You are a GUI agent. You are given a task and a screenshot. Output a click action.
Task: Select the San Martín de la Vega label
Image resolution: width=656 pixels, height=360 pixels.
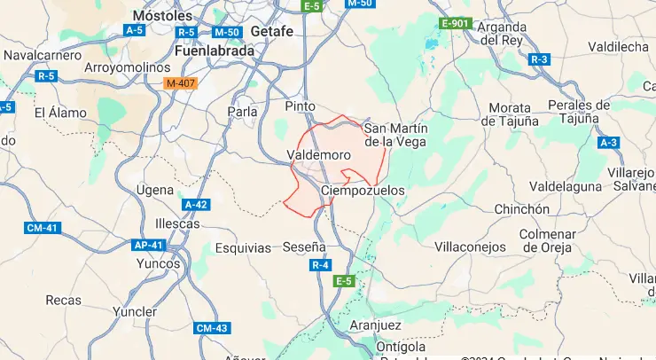[x=395, y=134]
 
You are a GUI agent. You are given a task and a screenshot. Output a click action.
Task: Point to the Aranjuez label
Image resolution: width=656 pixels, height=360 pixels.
[x=376, y=325]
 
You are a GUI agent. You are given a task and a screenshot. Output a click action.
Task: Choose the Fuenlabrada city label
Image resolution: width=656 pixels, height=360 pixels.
[x=202, y=51]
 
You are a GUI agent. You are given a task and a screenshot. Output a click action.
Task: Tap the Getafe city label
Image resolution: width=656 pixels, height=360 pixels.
[x=272, y=30]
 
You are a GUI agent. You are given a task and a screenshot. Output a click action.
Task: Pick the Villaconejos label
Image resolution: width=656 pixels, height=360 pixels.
[x=471, y=247]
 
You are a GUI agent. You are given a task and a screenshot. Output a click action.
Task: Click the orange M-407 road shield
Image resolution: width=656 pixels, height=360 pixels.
[x=180, y=83]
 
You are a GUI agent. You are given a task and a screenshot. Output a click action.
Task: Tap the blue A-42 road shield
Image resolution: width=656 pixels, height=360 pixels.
[x=196, y=204]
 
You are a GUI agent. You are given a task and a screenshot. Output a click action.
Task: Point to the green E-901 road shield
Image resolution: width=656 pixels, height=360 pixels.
[x=454, y=22]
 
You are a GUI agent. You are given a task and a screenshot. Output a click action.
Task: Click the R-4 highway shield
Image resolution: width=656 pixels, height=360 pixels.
[x=320, y=264]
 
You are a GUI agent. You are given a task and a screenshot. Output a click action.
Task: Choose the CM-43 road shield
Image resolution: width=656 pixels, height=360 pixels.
[x=212, y=328]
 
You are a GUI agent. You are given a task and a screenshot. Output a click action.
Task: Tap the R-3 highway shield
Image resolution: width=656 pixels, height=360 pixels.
[x=539, y=59]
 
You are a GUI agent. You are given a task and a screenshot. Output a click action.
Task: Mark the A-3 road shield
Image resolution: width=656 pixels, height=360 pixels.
[x=608, y=142]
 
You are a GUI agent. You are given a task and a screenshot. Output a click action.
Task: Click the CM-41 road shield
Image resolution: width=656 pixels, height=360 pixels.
[x=42, y=228]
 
